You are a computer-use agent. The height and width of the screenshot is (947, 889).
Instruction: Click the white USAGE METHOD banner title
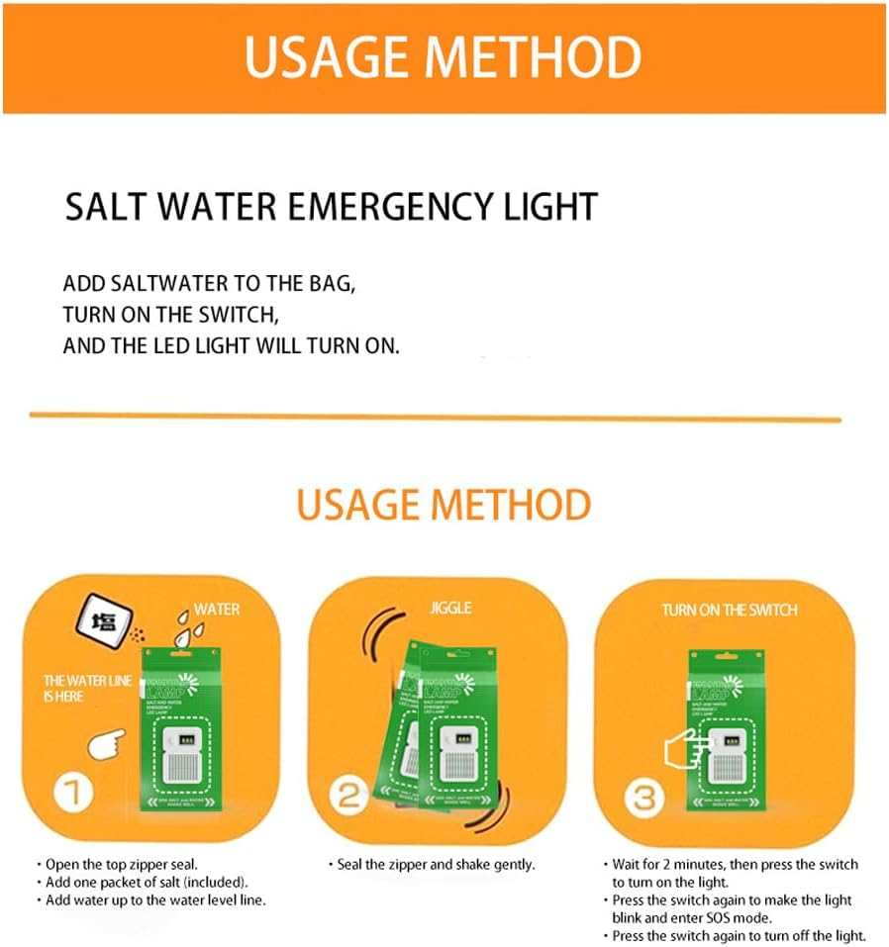click(443, 57)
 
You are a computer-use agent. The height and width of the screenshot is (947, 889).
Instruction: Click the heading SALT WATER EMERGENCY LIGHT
click(331, 207)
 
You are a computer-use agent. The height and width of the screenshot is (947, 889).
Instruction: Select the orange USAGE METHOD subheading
click(444, 505)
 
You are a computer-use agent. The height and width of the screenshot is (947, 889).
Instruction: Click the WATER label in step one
click(216, 609)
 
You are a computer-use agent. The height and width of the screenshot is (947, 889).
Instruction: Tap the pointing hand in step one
click(109, 742)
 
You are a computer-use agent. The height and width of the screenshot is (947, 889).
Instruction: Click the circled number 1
click(73, 794)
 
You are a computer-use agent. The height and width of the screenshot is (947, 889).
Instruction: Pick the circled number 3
click(643, 797)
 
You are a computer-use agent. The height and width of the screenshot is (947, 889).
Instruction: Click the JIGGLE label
click(450, 608)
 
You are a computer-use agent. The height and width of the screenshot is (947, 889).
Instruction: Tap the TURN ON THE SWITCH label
click(729, 610)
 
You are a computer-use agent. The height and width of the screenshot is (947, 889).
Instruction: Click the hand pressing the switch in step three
click(681, 749)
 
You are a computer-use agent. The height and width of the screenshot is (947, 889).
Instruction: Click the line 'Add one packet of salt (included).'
click(147, 882)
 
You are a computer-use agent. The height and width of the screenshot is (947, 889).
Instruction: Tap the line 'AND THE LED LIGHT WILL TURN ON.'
click(231, 346)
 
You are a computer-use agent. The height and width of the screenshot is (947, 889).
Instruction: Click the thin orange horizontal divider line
click(436, 417)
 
